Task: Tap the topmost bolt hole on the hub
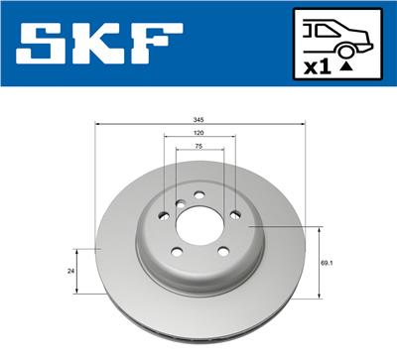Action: tap(198, 193)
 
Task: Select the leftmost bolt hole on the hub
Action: tap(163, 215)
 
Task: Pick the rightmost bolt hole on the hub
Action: tap(234, 215)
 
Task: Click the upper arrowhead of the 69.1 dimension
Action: tap(320, 229)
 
